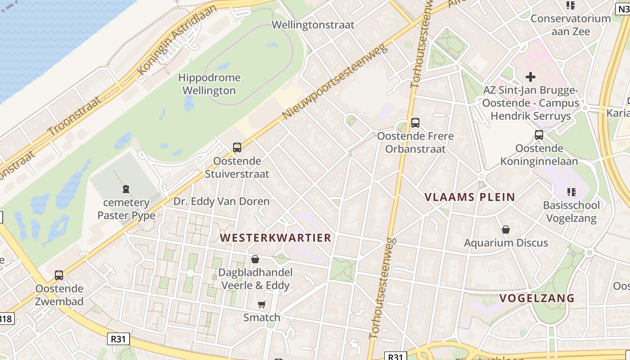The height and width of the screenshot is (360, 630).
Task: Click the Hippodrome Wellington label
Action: [x=209, y=84]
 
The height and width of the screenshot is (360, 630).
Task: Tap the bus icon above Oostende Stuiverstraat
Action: [x=237, y=147]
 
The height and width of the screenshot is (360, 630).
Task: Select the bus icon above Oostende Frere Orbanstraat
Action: [x=415, y=122]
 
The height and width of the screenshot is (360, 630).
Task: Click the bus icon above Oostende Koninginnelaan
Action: [x=539, y=135]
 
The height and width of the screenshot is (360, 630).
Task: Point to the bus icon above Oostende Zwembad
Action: [x=59, y=275]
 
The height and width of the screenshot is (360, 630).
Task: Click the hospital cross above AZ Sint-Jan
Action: [x=531, y=77]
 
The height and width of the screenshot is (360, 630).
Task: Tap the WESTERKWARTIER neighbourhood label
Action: [x=275, y=238]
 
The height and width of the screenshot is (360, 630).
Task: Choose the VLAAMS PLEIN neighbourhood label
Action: [x=470, y=197]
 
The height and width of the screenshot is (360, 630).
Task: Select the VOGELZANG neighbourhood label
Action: [x=537, y=298]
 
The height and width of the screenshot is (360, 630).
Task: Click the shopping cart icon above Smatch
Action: [x=261, y=305]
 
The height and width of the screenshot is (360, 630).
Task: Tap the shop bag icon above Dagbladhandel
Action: [x=255, y=259]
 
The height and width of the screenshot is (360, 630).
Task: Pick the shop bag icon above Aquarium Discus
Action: [x=506, y=229]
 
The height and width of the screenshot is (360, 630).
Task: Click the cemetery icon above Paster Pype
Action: [x=126, y=189]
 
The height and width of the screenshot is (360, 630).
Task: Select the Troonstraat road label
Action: [x=74, y=116]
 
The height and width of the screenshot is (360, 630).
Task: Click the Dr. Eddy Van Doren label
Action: [x=221, y=201]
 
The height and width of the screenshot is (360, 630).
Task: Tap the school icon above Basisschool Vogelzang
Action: [x=571, y=192]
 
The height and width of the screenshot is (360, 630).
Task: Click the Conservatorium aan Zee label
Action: [x=571, y=25]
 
